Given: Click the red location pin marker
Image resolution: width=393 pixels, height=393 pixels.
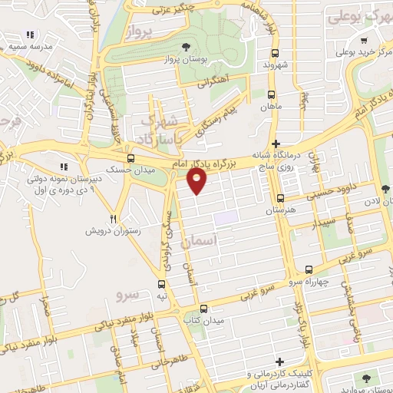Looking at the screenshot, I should pyautogui.click(x=197, y=180).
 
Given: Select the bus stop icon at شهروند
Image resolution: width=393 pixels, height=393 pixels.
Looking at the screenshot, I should pyautogui.click(x=275, y=53).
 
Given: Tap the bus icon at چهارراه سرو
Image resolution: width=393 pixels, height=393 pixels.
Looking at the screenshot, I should pyautogui.click(x=309, y=270).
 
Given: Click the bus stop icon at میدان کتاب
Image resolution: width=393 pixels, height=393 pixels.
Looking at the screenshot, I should pyautogui.click(x=202, y=309).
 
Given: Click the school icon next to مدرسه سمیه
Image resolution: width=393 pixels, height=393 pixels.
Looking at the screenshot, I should pyautogui.click(x=30, y=35).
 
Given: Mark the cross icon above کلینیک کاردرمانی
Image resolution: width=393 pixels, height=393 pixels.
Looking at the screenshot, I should pyautogui.click(x=279, y=362).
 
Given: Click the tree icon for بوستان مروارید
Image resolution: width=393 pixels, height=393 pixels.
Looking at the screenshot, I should pyautogui.click(x=365, y=378).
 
